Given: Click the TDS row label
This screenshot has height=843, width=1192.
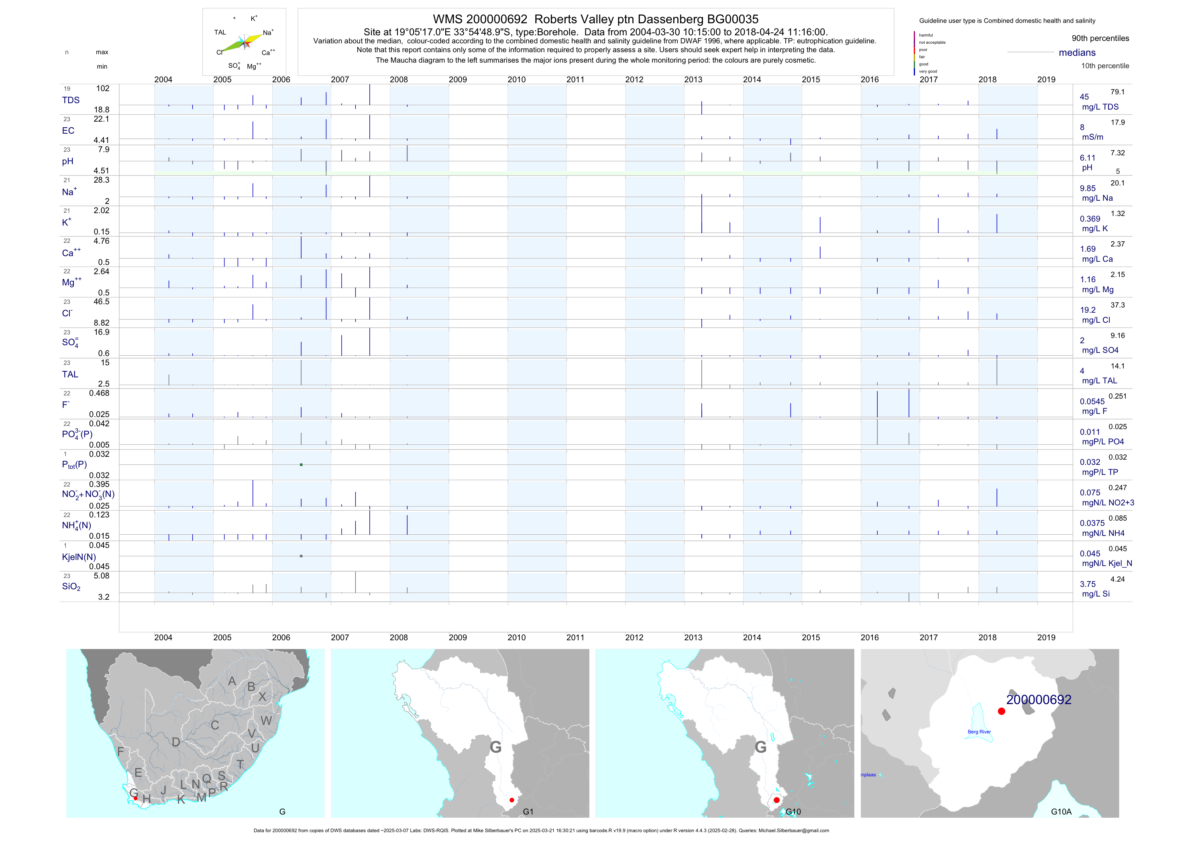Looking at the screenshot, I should tap(71, 100).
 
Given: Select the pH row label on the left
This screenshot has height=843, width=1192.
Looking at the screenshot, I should tap(67, 161).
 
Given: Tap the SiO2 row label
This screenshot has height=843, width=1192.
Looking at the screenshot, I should tap(71, 586).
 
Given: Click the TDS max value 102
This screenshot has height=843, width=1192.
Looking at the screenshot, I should tap(103, 89).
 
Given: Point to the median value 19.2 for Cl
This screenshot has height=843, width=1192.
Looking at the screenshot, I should tap(1088, 310).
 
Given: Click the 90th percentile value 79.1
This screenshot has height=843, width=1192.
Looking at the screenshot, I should tap(1117, 92).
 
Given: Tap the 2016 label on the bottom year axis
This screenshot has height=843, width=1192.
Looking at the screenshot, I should tap(870, 637).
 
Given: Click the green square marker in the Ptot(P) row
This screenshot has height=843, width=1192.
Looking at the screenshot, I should tap(301, 464).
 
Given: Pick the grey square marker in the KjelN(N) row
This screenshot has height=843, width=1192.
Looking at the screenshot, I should tap(301, 556).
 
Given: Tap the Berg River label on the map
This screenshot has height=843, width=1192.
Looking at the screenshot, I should tap(979, 732).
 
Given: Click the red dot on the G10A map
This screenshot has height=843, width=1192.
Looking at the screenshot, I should tap(1001, 712).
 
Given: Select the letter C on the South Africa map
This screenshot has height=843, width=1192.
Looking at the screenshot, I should tap(214, 725).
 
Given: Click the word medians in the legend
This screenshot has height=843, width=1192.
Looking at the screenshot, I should tap(1077, 53).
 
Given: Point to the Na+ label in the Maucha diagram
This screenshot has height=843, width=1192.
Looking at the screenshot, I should tap(268, 33).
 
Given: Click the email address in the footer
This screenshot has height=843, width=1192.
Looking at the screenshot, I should tap(793, 831).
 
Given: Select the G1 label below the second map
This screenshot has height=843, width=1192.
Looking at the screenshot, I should tap(528, 812).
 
